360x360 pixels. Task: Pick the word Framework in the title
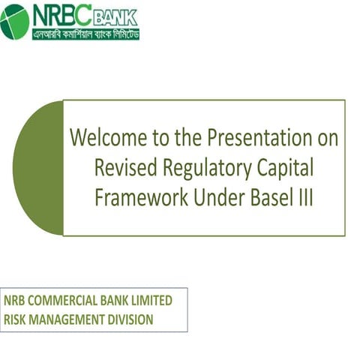pyautogui.click(x=132, y=196)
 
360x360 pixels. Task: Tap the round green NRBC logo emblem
pyautogui.click(x=15, y=21)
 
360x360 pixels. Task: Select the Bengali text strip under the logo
pyautogui.click(x=85, y=33)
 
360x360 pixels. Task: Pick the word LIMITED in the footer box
pyautogui.click(x=148, y=301)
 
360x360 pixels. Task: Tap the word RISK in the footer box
pyautogui.click(x=16, y=319)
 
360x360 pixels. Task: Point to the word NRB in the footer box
pyautogui.click(x=16, y=301)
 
